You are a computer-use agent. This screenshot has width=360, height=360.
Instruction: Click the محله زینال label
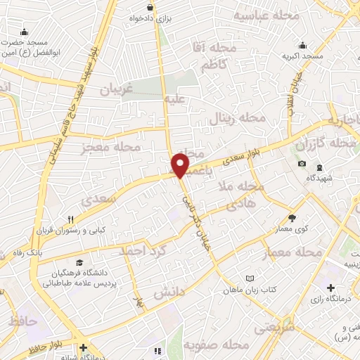(x=238, y=118)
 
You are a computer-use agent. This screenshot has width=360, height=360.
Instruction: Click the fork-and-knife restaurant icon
(x=70, y=219)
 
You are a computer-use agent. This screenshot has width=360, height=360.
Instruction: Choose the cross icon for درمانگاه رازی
(x=331, y=288)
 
